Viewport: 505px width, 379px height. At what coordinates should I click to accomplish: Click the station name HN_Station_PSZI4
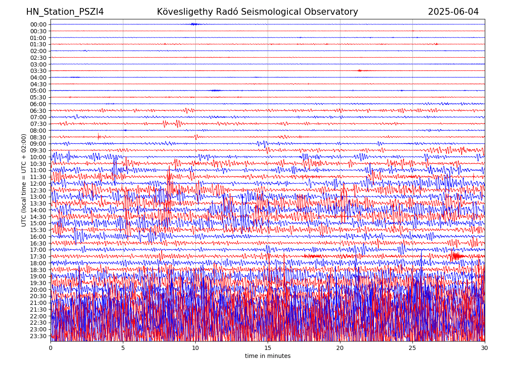[x=65, y=12]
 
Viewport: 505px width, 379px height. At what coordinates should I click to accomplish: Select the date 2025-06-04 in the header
[x=453, y=12]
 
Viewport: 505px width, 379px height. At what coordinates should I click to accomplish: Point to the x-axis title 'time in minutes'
[x=268, y=356]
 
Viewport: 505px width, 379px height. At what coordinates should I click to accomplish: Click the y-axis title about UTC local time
[x=24, y=180]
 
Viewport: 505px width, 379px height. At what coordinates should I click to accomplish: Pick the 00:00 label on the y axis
[x=38, y=24]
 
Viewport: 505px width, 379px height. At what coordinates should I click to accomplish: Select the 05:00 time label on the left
[x=38, y=91]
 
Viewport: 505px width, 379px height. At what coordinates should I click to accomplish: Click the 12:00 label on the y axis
[x=38, y=184]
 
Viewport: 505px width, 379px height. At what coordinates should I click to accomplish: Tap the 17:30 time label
[x=38, y=256]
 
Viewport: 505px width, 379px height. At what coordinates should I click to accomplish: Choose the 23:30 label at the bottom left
[x=38, y=336]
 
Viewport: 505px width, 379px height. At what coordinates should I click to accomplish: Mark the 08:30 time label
[x=38, y=137]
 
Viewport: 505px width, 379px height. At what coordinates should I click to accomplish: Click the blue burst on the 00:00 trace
[x=194, y=24]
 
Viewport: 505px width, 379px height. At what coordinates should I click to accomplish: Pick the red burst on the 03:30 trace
[x=360, y=71]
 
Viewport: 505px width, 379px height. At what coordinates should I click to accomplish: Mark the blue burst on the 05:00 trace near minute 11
[x=215, y=91]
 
